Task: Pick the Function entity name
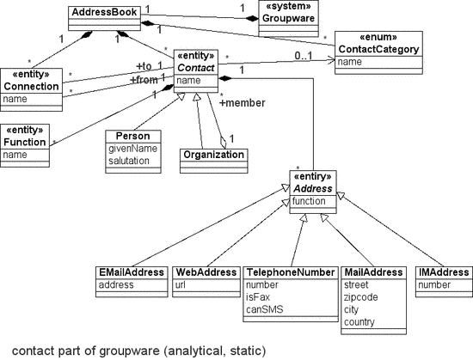pos(25,142)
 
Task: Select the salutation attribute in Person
pos(128,160)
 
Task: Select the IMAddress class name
pos(443,272)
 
